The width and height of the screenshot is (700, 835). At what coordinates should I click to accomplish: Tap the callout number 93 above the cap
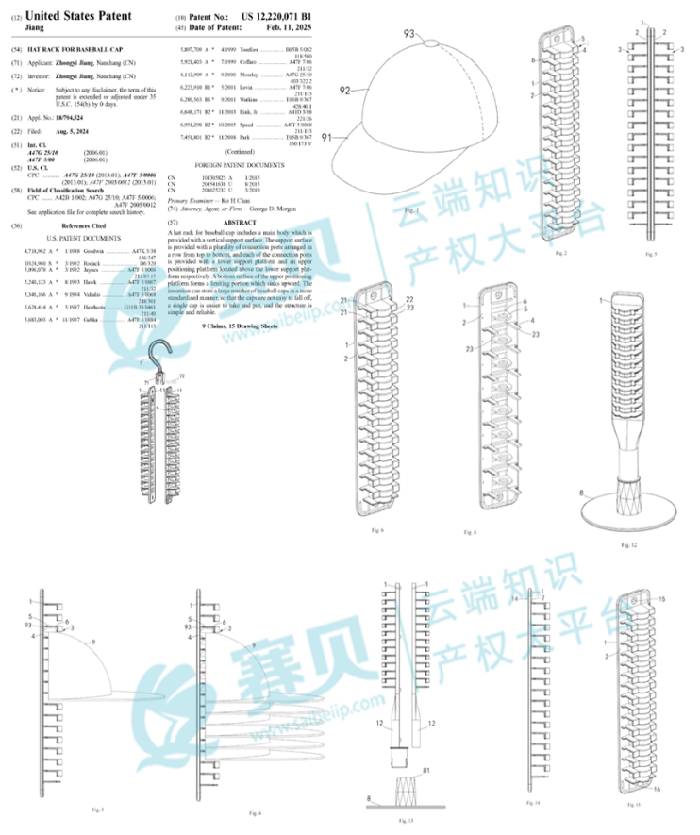(409, 33)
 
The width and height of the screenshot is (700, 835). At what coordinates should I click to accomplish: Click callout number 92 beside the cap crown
(346, 92)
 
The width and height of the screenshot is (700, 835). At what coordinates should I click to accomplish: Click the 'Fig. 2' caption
(559, 253)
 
